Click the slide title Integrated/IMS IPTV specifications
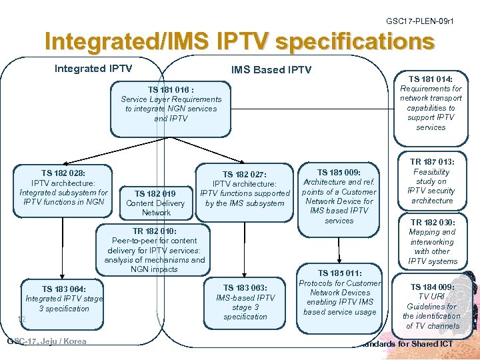(239, 42)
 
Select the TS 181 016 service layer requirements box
(171, 104)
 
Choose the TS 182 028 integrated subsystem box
(63, 187)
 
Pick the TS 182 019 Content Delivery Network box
(155, 203)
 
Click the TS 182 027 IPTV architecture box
(245, 189)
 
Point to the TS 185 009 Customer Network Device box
(339, 196)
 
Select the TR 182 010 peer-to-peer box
(155, 250)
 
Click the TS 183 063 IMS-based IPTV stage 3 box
(245, 302)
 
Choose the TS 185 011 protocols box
(340, 293)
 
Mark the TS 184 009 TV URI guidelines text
(431, 307)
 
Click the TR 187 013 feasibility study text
(432, 181)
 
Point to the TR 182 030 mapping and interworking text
(432, 242)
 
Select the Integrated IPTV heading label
(93, 69)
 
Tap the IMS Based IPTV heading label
(271, 70)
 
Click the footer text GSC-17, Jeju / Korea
(47, 341)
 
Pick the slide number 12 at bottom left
(21, 319)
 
